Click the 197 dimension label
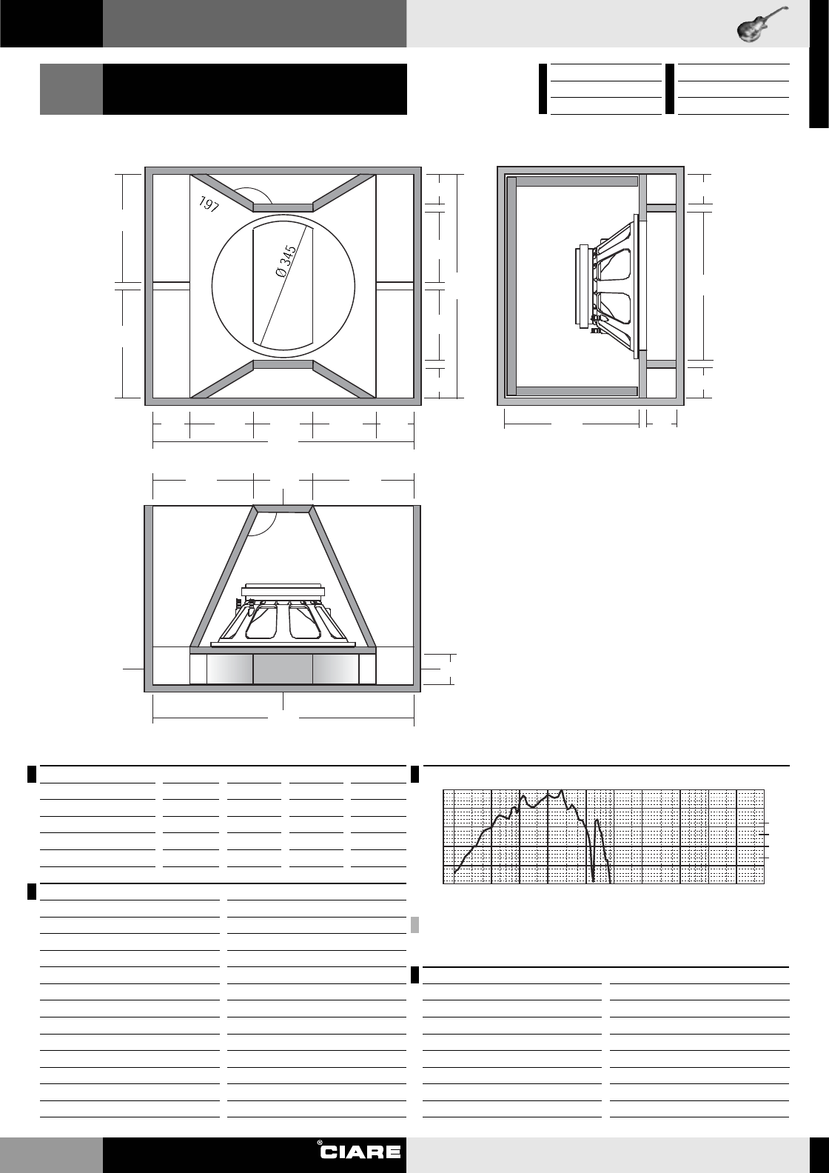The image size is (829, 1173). click(x=208, y=204)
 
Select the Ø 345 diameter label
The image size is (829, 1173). click(x=286, y=261)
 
